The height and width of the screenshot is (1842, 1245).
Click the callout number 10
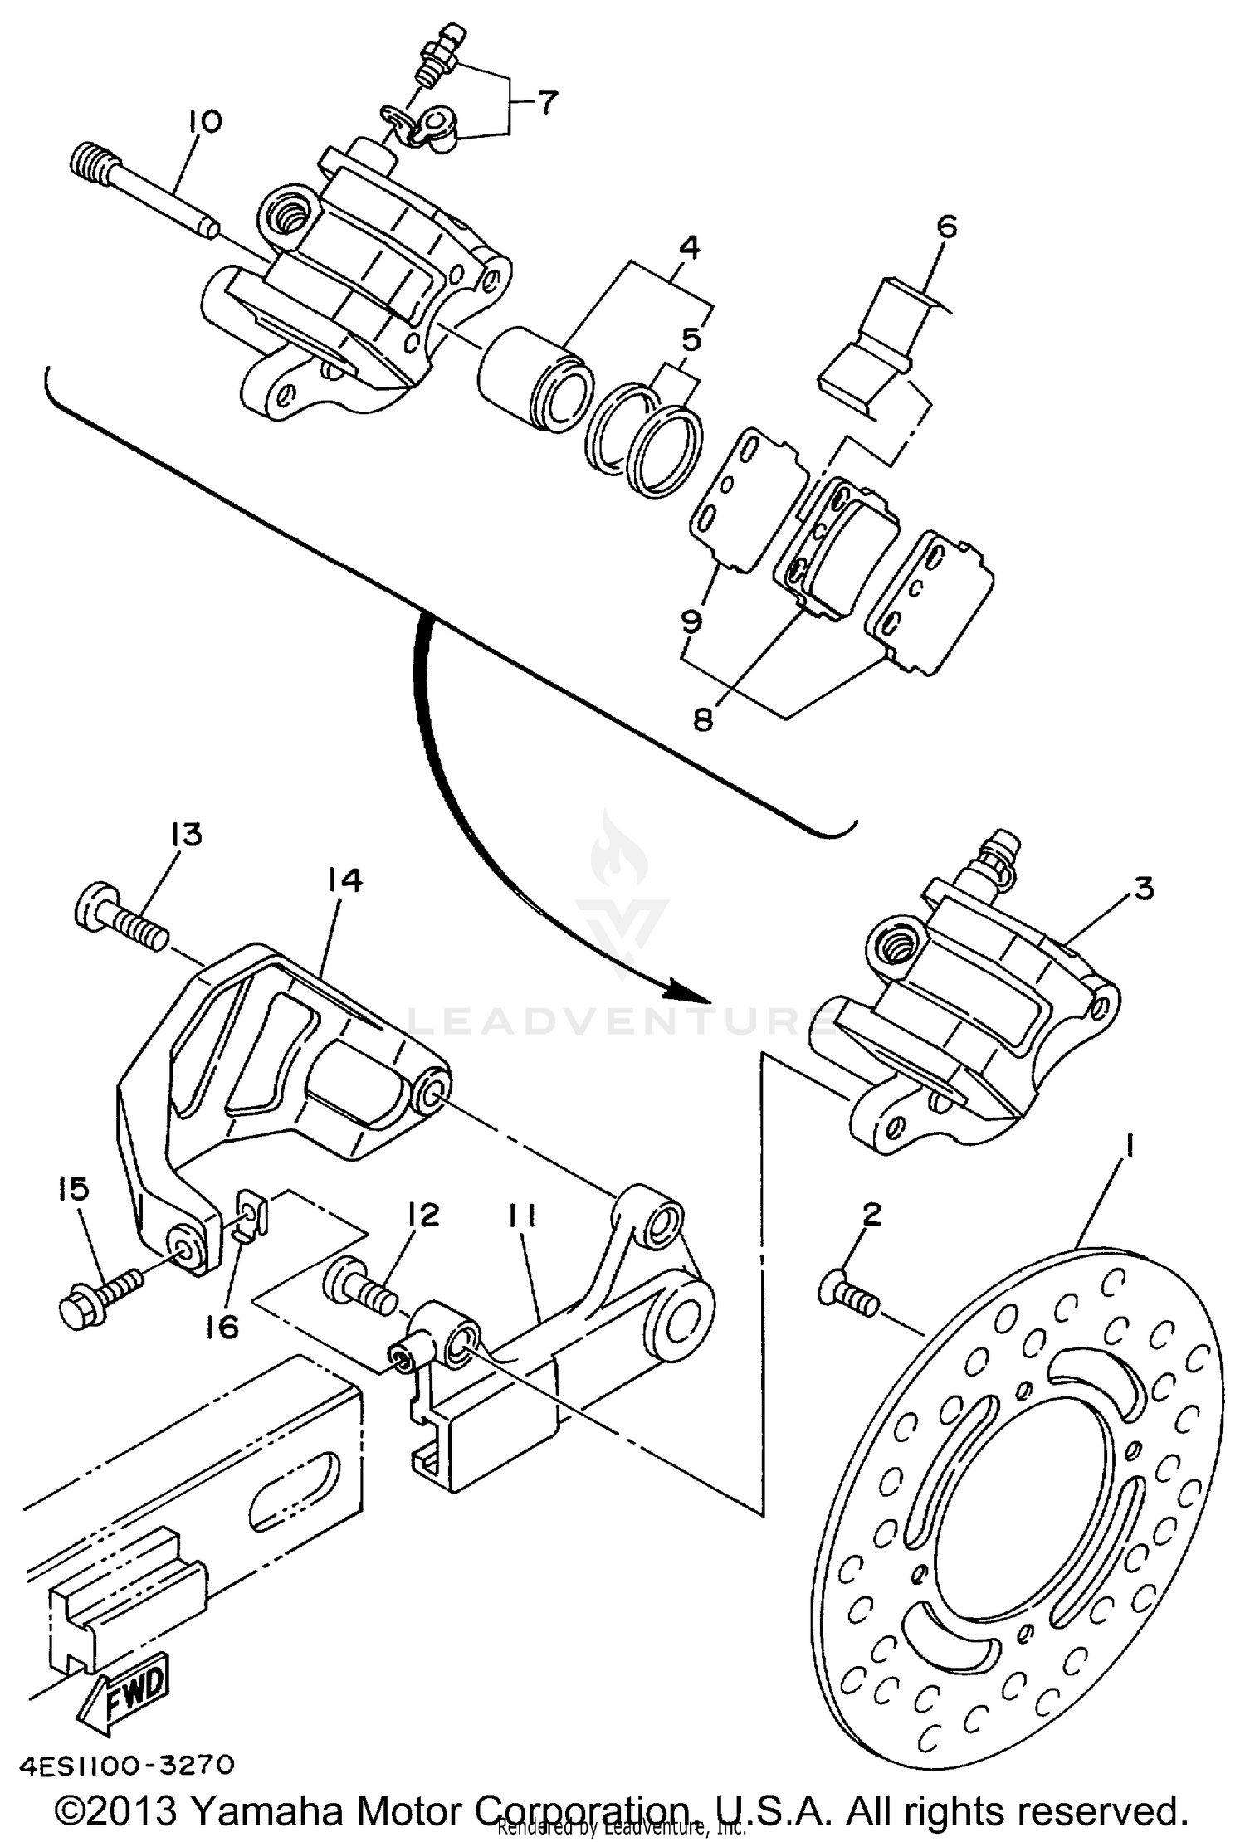pyautogui.click(x=204, y=122)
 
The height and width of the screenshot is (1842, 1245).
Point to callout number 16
pyautogui.click(x=223, y=1326)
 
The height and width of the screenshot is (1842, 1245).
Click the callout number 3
pyautogui.click(x=1143, y=889)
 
